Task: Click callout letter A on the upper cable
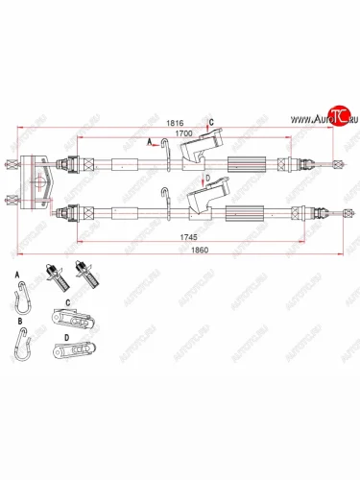point(149,141)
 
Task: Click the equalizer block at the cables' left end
point(36,181)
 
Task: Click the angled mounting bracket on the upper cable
point(198,149)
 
